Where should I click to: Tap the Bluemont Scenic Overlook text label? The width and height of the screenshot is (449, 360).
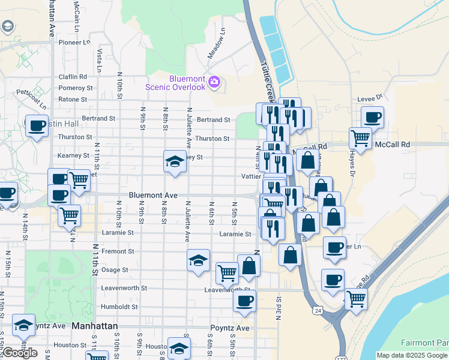click(x=179, y=83)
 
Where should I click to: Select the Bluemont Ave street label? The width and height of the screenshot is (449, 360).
click(x=153, y=196)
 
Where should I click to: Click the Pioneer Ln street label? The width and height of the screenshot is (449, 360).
click(x=74, y=43)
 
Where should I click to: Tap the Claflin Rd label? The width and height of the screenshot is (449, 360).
click(x=73, y=77)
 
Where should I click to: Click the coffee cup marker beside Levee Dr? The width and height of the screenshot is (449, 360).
click(x=372, y=117)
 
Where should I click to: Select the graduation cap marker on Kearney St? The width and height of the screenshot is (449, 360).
click(x=175, y=161)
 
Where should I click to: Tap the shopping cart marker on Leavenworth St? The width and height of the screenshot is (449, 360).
click(x=227, y=272)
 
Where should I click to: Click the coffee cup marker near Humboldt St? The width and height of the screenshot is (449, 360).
click(x=244, y=301)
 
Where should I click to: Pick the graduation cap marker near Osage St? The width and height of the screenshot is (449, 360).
click(x=199, y=260)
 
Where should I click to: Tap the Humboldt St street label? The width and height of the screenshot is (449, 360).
click(x=120, y=306)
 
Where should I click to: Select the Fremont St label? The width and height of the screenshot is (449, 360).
click(x=118, y=251)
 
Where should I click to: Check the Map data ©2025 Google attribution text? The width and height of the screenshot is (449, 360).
click(x=412, y=355)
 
